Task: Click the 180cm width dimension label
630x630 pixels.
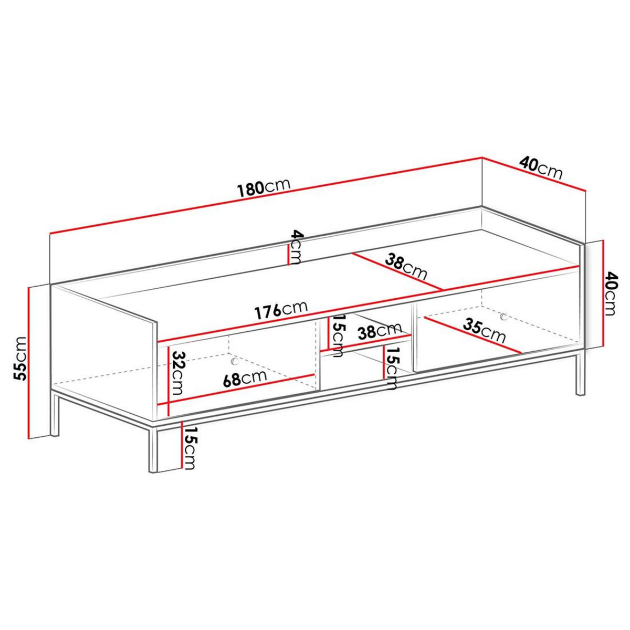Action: coord(263,188)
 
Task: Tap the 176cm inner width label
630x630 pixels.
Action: coord(281,311)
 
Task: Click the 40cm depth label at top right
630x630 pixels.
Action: coord(541,167)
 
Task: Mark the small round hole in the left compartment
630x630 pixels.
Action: coord(235,362)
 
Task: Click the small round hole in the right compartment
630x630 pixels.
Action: coord(504,316)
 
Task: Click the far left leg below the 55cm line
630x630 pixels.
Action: coord(55,415)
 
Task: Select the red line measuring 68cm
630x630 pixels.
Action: coord(241,390)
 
